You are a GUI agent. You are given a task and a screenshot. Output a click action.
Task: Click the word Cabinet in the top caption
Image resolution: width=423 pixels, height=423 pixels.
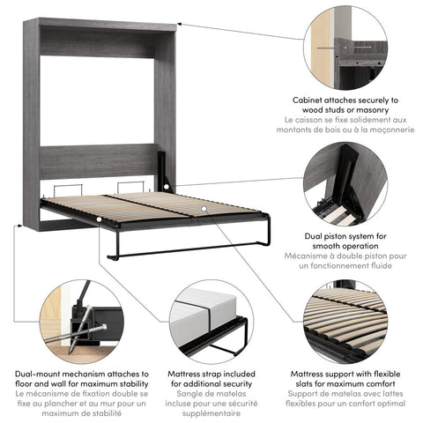[x=308, y=101]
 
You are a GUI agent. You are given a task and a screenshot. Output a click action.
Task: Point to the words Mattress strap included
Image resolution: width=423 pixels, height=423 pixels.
[x=211, y=375]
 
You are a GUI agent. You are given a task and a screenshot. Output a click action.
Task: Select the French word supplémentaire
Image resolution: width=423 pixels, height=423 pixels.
[x=211, y=412]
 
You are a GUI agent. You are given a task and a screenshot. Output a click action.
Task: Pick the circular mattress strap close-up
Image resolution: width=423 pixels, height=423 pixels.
[x=211, y=323]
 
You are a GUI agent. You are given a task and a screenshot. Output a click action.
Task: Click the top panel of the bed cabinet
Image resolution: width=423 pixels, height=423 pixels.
[x=99, y=24]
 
